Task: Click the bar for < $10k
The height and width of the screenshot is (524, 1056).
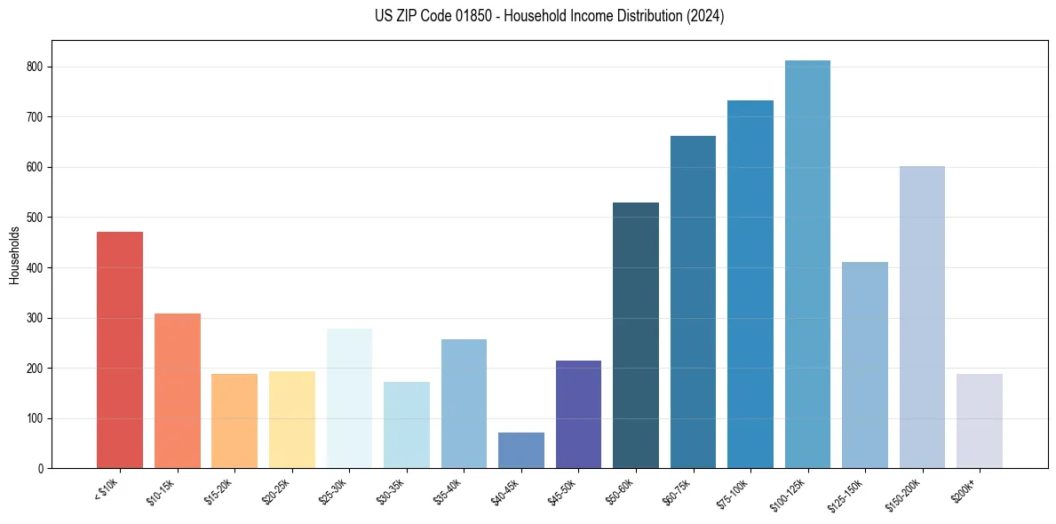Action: click(120, 350)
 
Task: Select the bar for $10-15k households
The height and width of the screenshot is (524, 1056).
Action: click(177, 391)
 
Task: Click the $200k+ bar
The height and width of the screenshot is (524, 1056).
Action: click(979, 421)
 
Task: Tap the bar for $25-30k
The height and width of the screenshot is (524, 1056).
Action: click(349, 399)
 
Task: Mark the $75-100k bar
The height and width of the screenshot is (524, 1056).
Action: click(750, 284)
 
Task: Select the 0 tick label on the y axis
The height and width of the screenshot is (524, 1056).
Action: click(41, 468)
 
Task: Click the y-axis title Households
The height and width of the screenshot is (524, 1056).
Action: click(14, 255)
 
